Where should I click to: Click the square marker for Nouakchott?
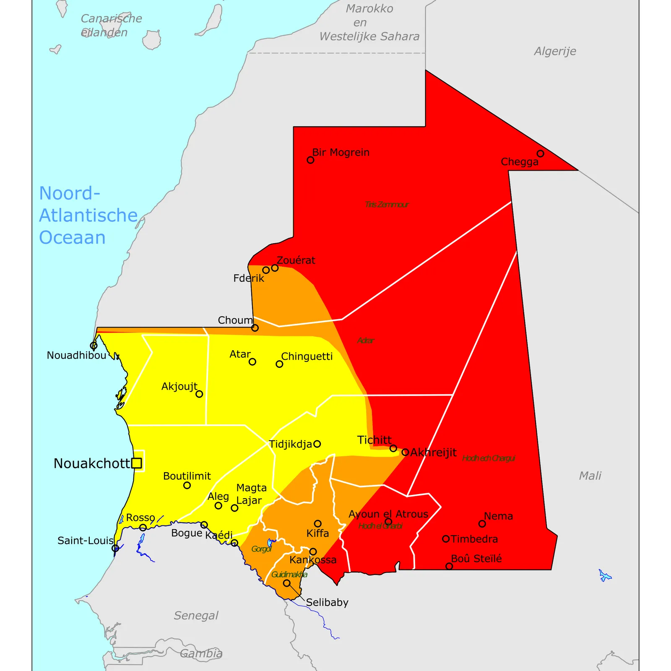point(136,463)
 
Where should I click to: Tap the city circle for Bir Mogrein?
point(310,160)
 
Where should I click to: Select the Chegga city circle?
point(541,153)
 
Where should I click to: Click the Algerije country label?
point(555,51)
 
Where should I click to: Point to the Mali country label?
point(590,476)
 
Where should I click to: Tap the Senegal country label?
point(196,615)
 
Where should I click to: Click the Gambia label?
point(201,653)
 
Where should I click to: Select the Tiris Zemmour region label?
point(386,205)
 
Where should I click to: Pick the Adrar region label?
point(365,341)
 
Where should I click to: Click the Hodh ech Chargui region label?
point(489,458)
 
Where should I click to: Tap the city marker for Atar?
point(252,362)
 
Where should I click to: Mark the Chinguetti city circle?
point(279,364)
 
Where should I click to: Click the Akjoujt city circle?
point(199,394)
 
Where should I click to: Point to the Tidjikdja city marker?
point(317,444)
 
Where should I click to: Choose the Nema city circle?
point(482,524)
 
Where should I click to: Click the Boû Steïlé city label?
point(476,559)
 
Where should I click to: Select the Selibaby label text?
point(327,602)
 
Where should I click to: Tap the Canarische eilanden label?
point(111,25)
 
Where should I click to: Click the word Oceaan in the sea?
point(72,237)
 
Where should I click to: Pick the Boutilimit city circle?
point(187,485)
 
